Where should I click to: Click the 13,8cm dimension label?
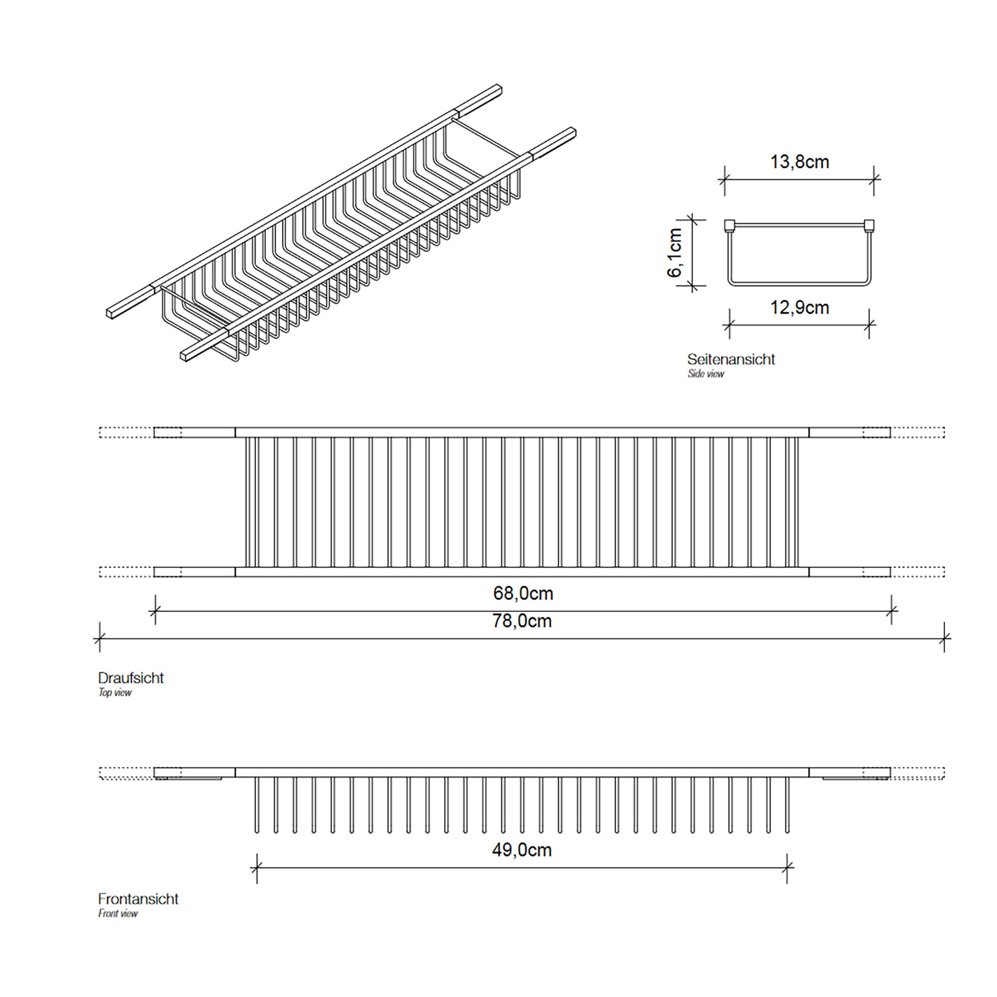point(800,162)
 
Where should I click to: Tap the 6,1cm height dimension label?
point(675,252)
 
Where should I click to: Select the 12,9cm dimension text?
point(800,308)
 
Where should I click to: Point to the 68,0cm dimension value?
point(523,593)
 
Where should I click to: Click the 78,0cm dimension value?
point(522,621)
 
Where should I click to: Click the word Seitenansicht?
point(731,359)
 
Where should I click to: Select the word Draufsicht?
point(131,678)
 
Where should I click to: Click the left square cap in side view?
point(729,225)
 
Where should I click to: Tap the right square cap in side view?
point(869,225)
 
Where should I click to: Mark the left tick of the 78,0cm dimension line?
point(100,640)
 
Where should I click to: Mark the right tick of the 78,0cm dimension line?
point(944,640)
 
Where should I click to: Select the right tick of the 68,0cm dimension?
point(892,612)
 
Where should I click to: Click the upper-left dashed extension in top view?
point(127,432)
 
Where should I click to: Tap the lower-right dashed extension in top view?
point(918,572)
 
